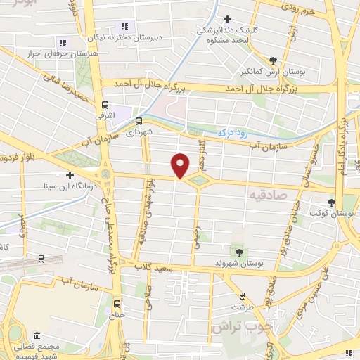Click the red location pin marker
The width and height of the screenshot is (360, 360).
(x=181, y=165)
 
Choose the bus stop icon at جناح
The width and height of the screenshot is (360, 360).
(x=117, y=304)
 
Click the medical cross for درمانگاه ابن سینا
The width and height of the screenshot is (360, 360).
(x=69, y=175)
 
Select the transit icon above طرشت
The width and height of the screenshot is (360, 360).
(x=242, y=295)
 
